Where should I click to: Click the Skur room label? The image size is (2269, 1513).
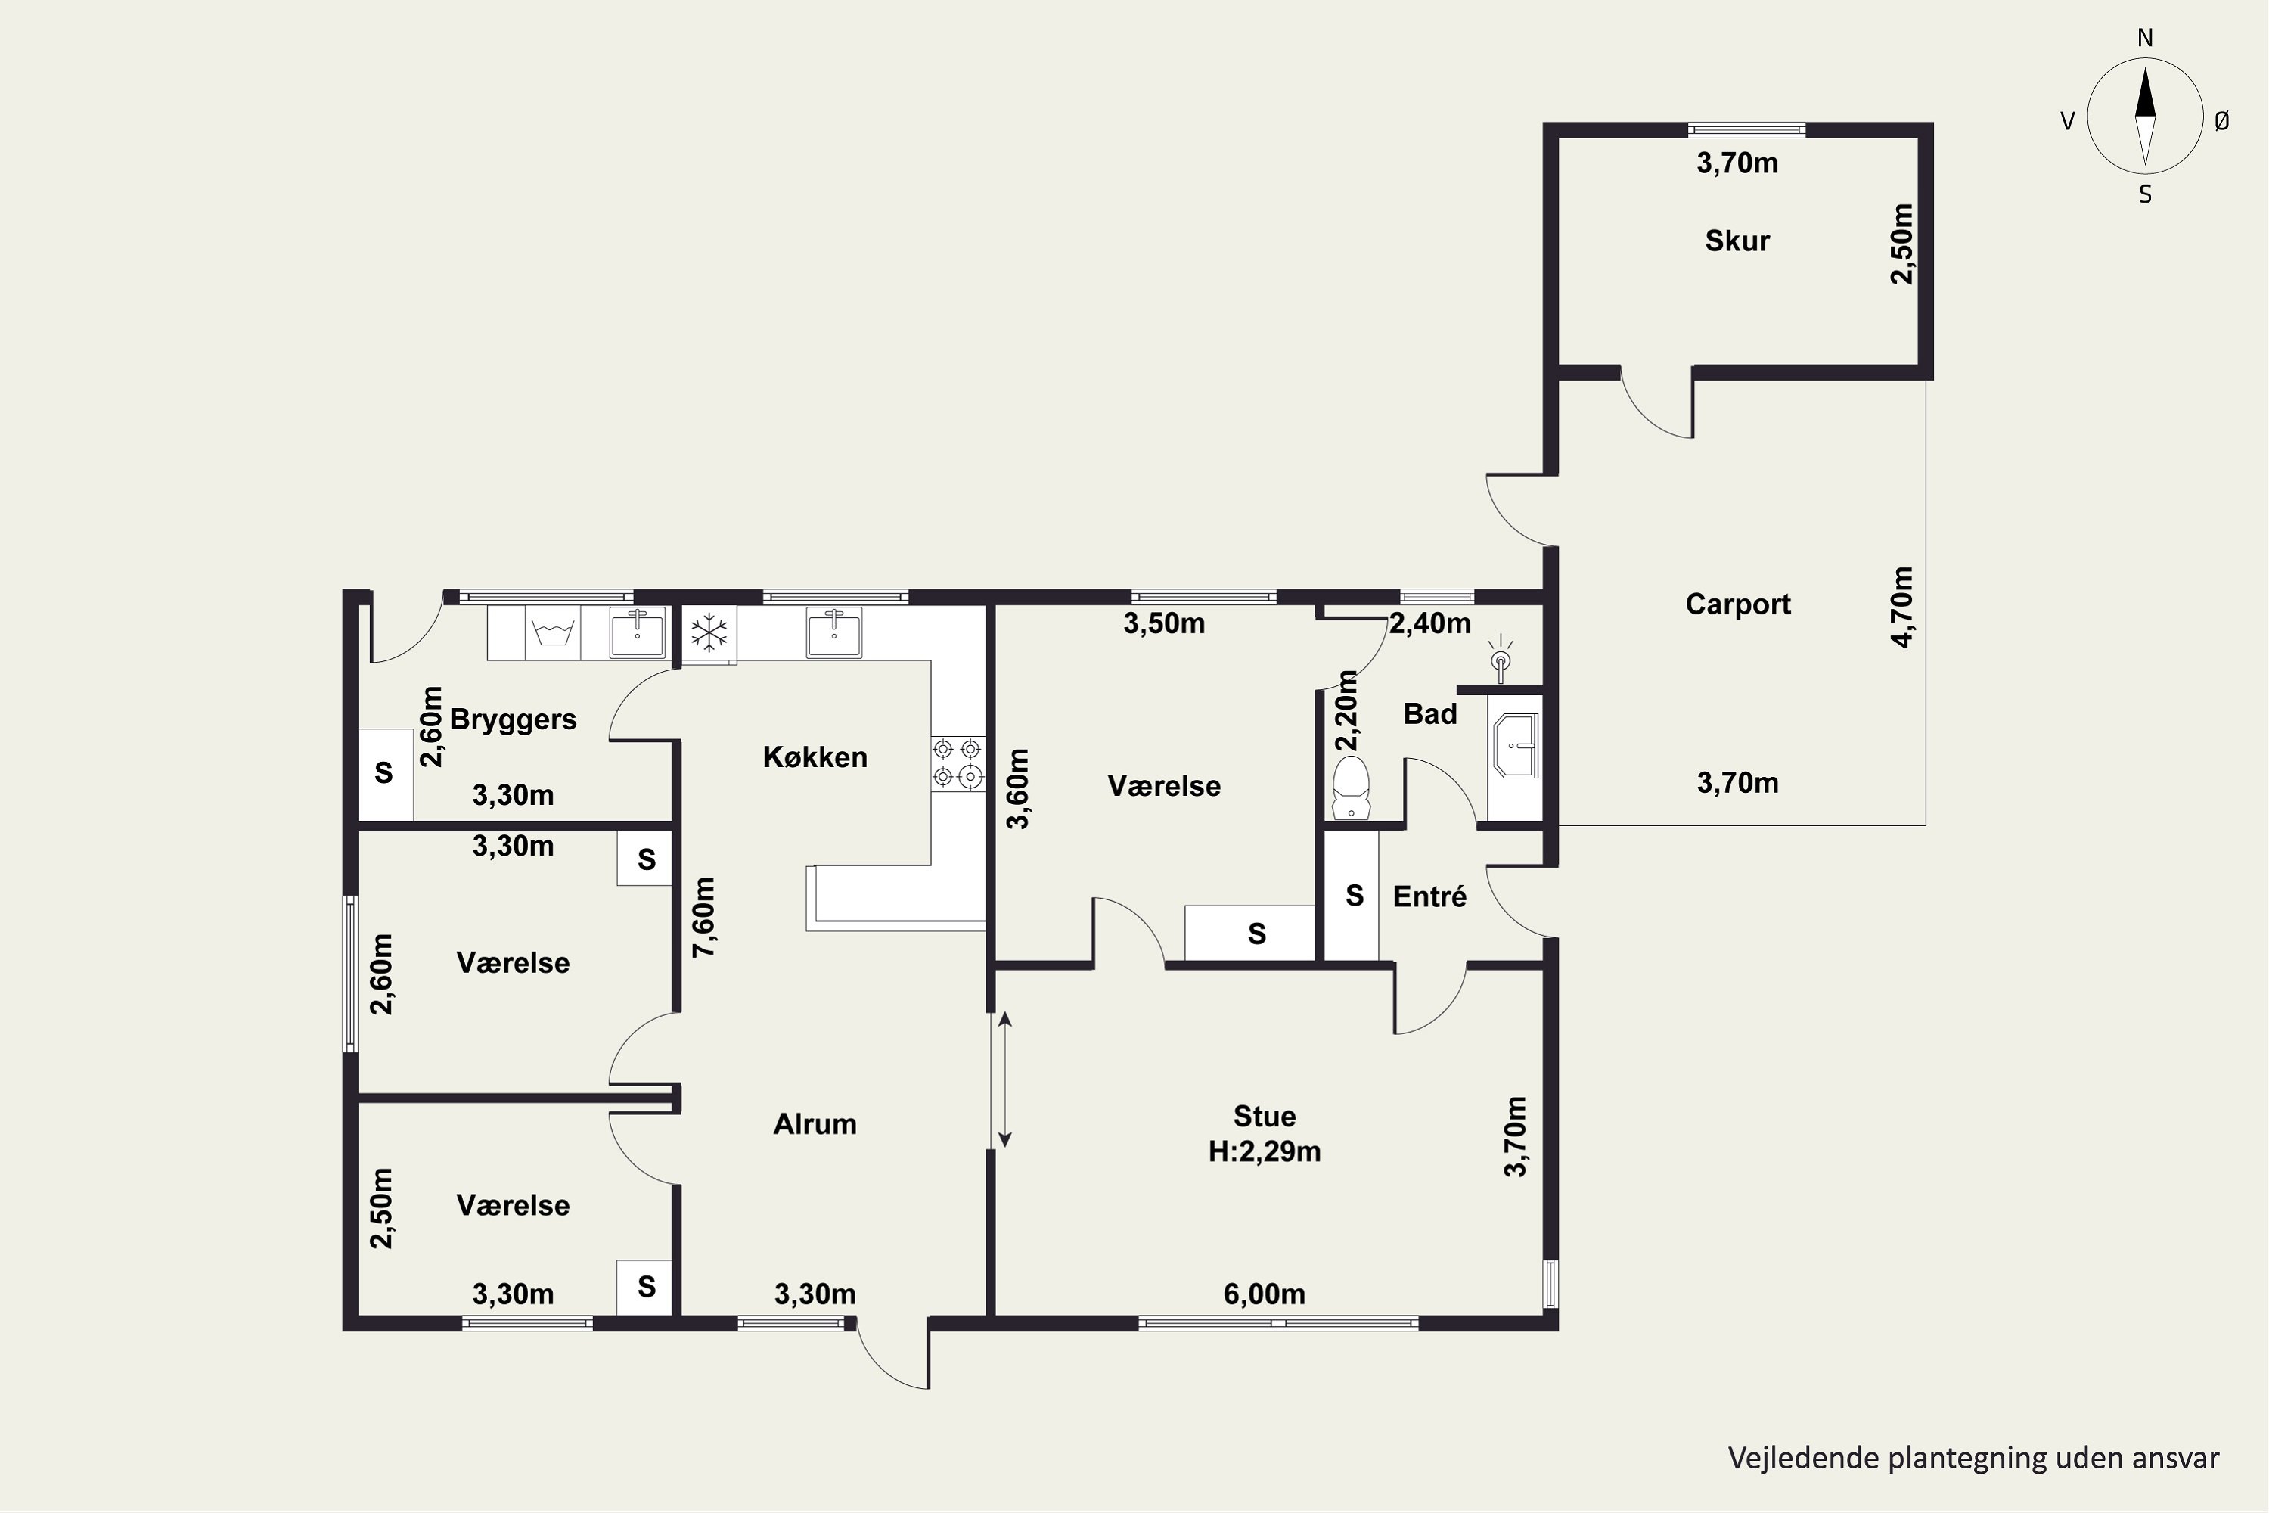pos(1737,241)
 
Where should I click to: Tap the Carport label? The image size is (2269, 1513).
pos(1737,604)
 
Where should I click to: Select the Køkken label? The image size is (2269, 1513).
pos(815,756)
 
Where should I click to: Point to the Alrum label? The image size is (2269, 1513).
pos(815,1123)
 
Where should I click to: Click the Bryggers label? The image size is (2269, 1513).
pos(514,720)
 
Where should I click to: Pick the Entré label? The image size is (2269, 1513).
pos(1429,896)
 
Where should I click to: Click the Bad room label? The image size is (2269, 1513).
pos(1429,714)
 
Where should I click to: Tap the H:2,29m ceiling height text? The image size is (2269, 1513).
pos(1265,1151)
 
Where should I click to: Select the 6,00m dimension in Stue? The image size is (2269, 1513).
pos(1265,1294)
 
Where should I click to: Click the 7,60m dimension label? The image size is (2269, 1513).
pos(704,917)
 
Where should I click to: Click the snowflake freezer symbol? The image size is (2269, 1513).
pos(709,633)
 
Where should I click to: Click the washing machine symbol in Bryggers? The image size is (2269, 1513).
pos(554,634)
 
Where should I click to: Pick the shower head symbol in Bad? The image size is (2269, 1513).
pos(1500,659)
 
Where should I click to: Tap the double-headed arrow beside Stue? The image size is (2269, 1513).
pos(1004,1080)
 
